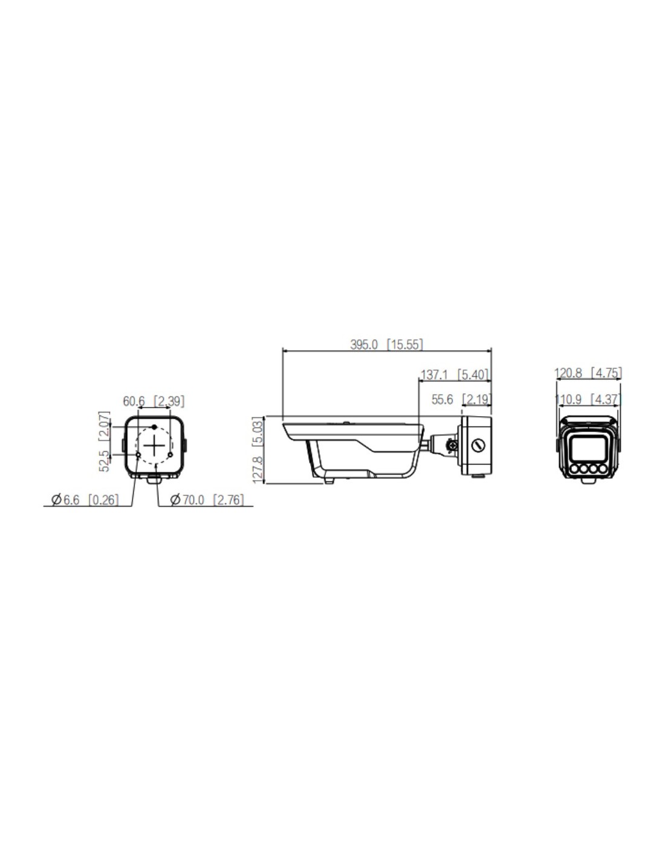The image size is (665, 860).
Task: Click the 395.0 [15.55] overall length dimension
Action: (386, 344)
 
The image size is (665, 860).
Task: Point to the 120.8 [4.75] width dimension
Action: (588, 373)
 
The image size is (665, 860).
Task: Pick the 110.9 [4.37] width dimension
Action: (588, 399)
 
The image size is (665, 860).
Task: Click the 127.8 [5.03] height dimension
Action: (257, 450)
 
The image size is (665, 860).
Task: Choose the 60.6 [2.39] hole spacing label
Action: (154, 401)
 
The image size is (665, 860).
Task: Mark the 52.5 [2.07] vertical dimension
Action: (103, 441)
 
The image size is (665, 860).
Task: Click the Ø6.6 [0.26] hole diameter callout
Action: (85, 500)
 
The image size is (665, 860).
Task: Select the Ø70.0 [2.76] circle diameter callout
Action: (207, 500)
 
